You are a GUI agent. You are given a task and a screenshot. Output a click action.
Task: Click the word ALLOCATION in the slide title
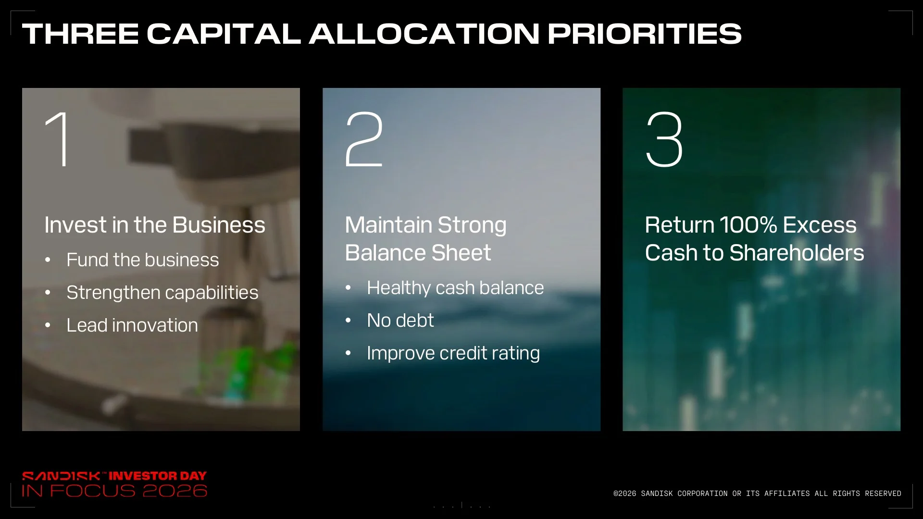coord(424,34)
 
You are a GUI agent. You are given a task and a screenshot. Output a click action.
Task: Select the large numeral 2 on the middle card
coord(364,139)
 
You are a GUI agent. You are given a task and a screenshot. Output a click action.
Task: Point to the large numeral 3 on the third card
coord(664,139)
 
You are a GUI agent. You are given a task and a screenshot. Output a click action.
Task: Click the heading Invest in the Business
coord(155,225)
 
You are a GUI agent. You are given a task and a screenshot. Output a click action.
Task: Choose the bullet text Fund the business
coord(142,260)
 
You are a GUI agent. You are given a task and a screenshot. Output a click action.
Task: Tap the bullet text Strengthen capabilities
coord(162,293)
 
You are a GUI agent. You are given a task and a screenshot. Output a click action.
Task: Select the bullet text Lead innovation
coord(132,325)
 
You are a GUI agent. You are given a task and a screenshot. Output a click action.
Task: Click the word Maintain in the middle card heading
coord(388,225)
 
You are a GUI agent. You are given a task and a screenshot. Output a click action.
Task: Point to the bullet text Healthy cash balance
coord(455,288)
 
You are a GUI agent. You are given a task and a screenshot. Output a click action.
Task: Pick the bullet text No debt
coord(400,321)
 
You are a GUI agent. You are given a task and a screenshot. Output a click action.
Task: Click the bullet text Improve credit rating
coord(453,353)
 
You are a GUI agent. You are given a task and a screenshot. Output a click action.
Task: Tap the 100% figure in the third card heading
coord(748,225)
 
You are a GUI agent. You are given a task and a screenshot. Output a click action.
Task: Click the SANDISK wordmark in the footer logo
coord(61,476)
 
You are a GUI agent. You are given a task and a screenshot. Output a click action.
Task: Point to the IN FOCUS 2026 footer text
coord(114,491)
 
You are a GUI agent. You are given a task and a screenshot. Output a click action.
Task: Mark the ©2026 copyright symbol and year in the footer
coord(624,494)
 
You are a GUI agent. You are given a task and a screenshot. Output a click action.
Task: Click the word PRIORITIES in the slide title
coord(645,34)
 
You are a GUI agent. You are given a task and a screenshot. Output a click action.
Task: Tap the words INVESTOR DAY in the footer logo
coord(158,476)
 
